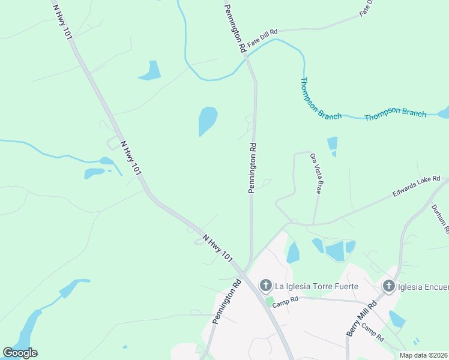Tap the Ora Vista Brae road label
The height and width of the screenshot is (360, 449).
coord(316,173)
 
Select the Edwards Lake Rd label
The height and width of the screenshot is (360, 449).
coord(417,186)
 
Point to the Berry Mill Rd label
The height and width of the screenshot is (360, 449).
coord(361,318)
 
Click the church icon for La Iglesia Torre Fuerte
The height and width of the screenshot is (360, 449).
coord(265,286)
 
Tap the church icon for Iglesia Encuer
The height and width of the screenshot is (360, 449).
coord(388,286)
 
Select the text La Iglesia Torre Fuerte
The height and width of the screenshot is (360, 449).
coord(317,286)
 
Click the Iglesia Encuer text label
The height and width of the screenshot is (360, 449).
coord(423,286)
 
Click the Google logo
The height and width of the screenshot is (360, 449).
coord(20,353)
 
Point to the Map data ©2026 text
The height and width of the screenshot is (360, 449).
coord(424,355)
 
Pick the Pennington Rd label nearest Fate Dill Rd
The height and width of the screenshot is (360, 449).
coord(235,28)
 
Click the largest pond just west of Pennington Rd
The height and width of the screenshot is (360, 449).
coord(207,121)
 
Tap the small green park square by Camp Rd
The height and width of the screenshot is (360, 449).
coord(270,300)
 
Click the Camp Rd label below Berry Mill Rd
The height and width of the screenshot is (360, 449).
coord(373,334)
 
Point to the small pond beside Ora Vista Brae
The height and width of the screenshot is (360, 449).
coord(332,144)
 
